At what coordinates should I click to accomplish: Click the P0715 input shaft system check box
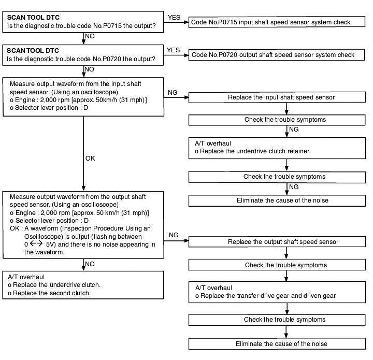277,22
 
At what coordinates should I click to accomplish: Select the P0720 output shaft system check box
277,55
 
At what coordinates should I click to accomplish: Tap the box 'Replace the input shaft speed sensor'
277,97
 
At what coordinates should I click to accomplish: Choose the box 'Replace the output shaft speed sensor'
277,241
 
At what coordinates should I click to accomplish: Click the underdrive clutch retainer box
277,148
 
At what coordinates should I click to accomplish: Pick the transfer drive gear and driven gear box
277,292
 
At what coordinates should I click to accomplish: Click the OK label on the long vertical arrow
90,159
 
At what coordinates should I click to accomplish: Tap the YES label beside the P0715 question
174,18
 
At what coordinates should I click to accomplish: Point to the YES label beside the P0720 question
173,50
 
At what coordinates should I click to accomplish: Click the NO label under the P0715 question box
90,36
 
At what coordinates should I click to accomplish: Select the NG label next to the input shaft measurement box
173,93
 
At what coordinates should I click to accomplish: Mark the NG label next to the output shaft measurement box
174,235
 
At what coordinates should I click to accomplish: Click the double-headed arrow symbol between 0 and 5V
36,243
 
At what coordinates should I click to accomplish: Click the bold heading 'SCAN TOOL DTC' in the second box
33,51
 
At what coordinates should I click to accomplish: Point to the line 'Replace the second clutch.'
49,293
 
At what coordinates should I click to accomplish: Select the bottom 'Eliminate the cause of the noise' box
277,344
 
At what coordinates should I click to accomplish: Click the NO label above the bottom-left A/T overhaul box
90,264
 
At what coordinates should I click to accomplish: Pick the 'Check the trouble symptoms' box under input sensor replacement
277,120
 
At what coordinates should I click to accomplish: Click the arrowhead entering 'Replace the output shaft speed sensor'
187,241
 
